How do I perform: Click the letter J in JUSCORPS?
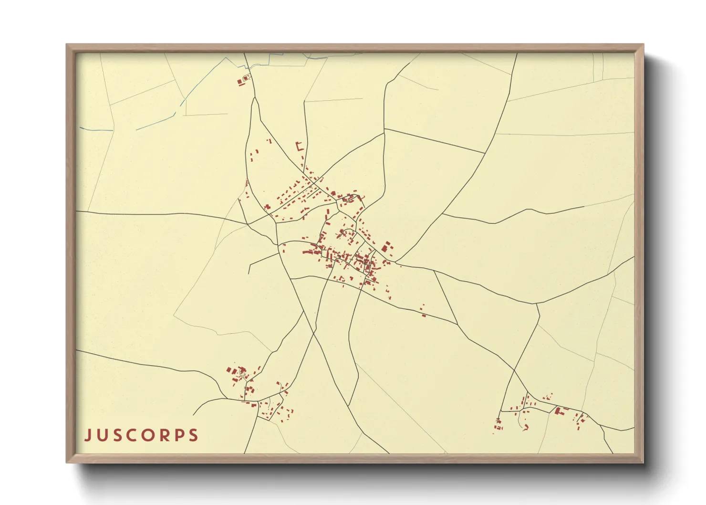(88, 435)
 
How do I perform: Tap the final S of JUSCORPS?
(193, 435)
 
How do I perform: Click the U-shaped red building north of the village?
(300, 147)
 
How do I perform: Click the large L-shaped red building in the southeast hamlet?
(558, 410)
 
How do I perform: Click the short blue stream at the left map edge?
(95, 129)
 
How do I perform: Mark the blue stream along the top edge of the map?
(286, 56)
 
